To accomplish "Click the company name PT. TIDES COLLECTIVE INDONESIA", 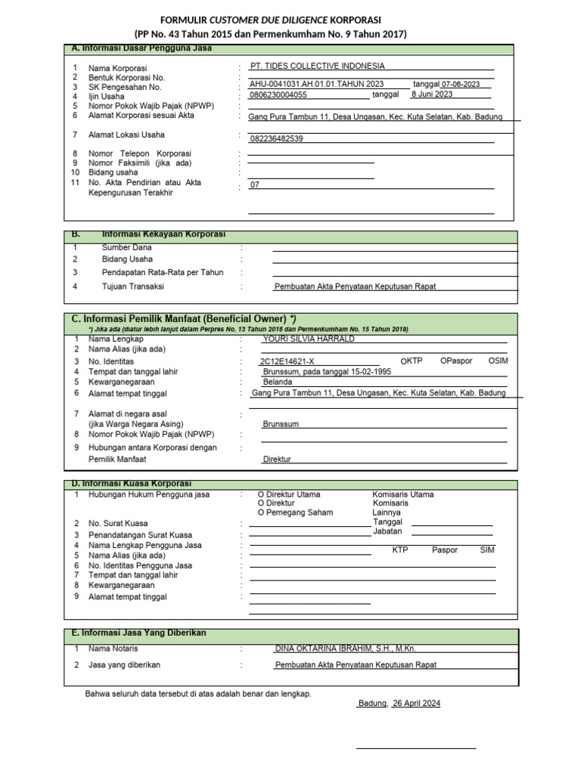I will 317,66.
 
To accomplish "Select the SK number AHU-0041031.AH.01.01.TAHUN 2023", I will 316,84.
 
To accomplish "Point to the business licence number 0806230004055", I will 278,95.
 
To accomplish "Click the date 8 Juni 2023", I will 431,94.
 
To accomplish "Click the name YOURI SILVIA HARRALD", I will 308,339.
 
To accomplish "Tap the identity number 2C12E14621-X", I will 286,361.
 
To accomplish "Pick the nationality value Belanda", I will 277,382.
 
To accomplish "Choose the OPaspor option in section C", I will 456,361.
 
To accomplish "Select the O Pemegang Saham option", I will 296,512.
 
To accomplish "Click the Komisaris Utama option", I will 403,494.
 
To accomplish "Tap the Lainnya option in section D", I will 387,512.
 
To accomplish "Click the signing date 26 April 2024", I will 416,703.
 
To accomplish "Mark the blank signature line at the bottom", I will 415,748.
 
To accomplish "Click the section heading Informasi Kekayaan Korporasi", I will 163,234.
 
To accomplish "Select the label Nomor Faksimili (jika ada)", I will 140,163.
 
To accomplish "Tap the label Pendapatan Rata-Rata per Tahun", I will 163,272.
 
